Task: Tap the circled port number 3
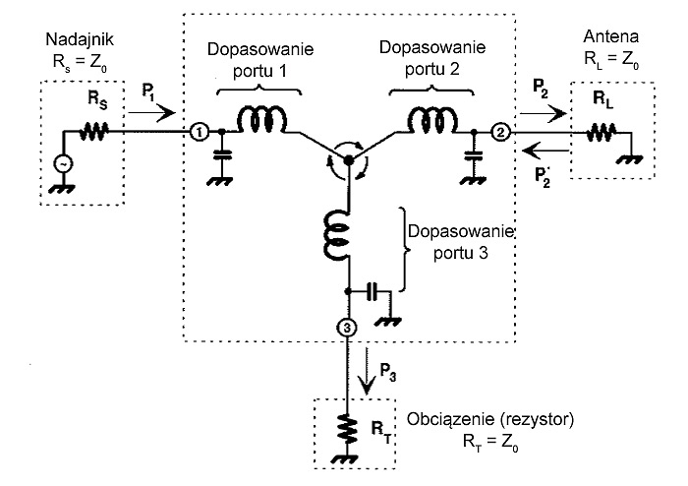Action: [347, 327]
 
